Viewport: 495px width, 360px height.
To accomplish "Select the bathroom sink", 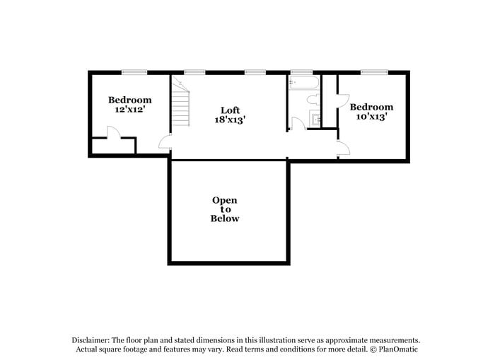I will (316, 119).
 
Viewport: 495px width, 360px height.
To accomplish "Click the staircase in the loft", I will (182, 103).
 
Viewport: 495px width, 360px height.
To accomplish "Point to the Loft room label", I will (230, 110).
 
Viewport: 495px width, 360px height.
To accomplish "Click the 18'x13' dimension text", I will (230, 120).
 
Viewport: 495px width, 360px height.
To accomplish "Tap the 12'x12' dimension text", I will (129, 110).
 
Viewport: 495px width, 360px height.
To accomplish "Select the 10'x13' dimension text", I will (371, 117).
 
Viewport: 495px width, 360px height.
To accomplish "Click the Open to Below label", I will (225, 209).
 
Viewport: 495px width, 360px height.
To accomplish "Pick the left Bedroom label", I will (129, 100).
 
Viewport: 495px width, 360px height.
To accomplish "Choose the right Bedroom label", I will (371, 107).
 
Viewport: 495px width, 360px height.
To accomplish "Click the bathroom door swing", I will (298, 124).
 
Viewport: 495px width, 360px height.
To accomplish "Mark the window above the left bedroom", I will (134, 71).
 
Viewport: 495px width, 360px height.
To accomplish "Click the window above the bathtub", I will (302, 71).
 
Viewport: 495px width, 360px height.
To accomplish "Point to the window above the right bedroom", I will (375, 71).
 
